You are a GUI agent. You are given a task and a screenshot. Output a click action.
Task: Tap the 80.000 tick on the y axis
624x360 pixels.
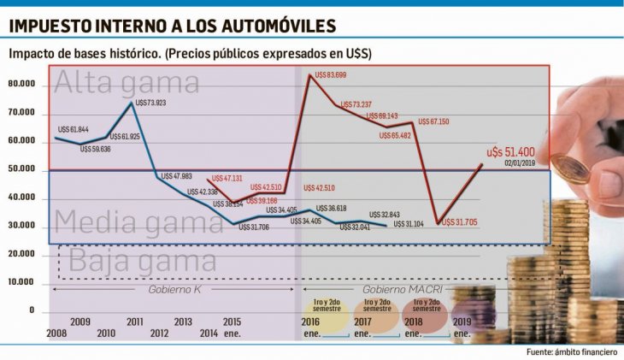point(21,85)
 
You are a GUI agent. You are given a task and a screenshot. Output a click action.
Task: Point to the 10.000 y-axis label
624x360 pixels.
point(21,282)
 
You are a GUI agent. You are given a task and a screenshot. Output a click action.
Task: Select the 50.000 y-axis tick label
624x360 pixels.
point(21,169)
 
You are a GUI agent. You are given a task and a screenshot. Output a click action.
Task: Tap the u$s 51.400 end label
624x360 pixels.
point(510,150)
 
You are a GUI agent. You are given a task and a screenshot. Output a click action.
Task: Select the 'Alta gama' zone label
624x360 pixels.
point(127,83)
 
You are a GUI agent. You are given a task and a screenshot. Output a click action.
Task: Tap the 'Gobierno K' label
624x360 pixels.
point(174,290)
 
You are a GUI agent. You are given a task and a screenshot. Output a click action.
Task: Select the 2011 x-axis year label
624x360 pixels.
point(135,322)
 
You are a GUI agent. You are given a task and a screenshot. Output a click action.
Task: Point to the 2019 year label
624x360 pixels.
point(462,322)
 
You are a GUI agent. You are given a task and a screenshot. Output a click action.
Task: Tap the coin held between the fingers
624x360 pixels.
point(569,168)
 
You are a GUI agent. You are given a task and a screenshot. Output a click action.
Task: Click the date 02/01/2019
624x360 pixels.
point(518,162)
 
